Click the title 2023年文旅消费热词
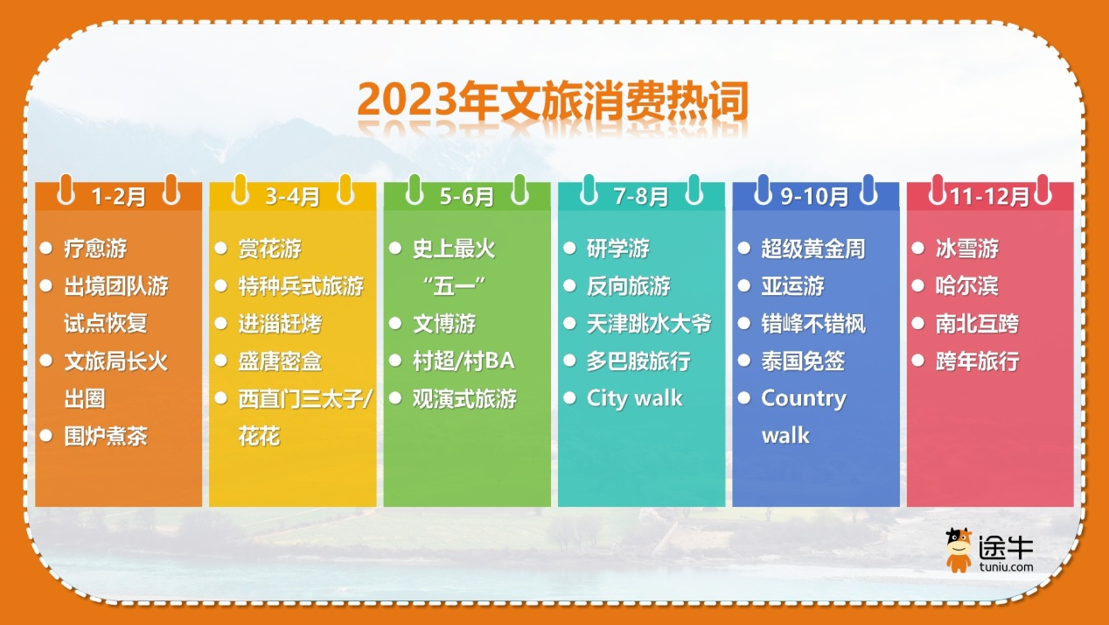pos(553,101)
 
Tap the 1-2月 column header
pos(118,197)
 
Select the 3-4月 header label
pos(293,197)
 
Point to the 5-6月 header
pos(467,197)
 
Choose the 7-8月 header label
pos(641,197)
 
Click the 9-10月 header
pos(815,197)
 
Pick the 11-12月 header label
pos(990,197)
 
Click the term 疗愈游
pos(95,249)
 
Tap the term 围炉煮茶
pos(106,436)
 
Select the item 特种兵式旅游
pos(301,286)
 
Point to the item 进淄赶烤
pos(280,324)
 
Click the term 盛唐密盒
pos(280,362)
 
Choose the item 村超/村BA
pos(464,362)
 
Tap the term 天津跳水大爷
pos(649,324)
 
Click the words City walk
pos(635,399)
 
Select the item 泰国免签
pos(803,362)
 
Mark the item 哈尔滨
pos(967,286)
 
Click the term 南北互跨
pos(977,324)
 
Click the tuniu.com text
pos(1006,566)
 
